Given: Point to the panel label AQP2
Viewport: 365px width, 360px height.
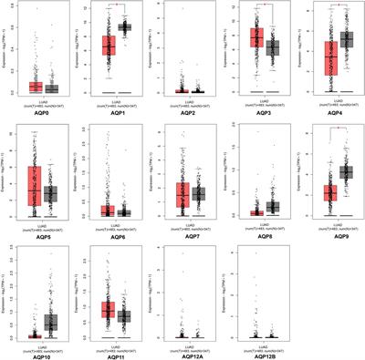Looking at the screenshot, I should (184, 111).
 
